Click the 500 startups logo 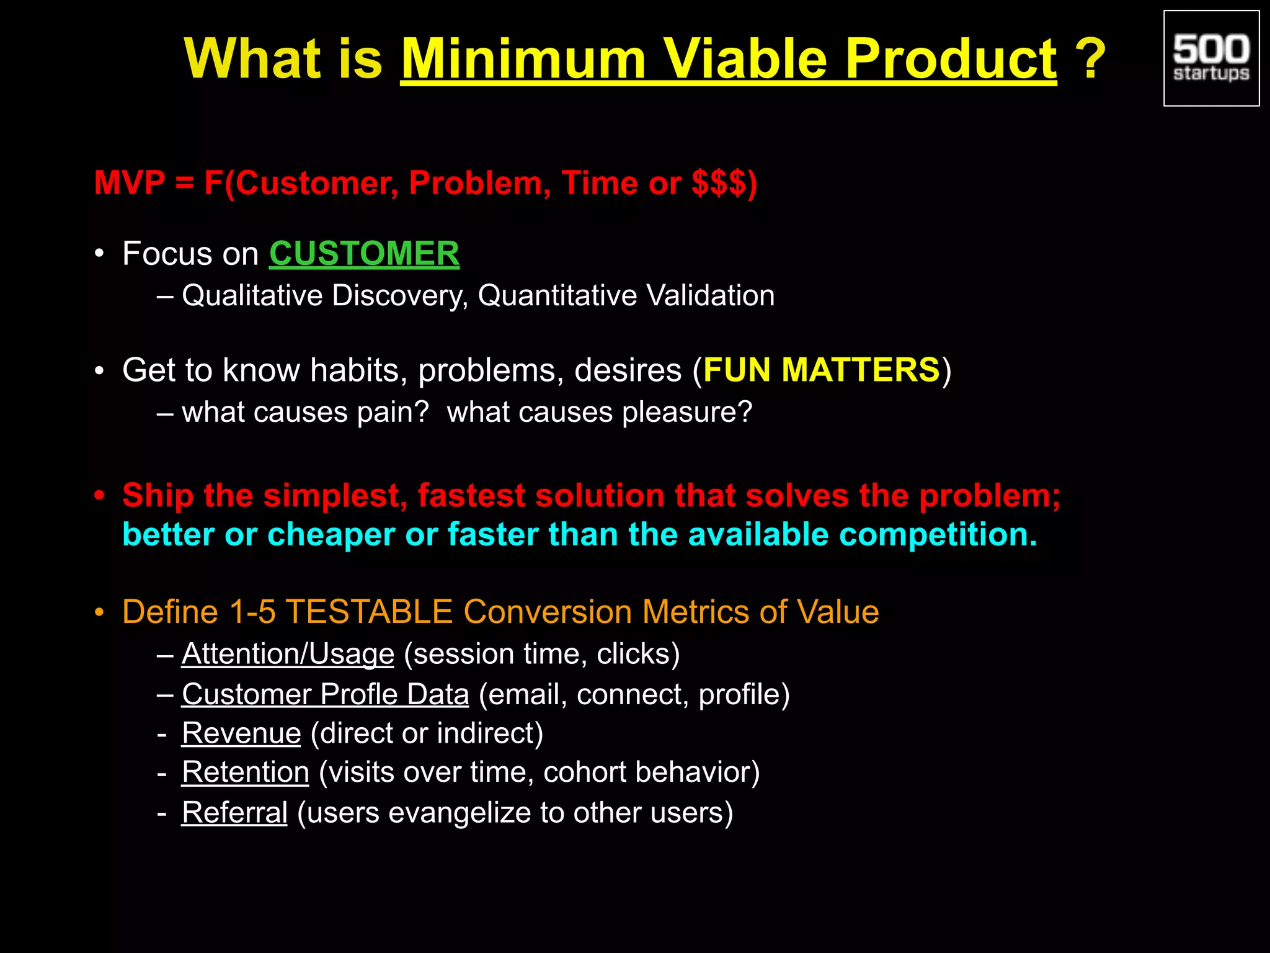tap(1210, 58)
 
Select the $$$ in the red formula tap(719, 183)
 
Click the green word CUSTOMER tap(364, 254)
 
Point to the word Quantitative tap(556, 295)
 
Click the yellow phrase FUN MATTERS tap(822, 370)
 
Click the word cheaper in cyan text tap(331, 534)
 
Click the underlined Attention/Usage tap(288, 654)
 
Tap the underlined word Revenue tap(241, 733)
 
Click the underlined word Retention tap(245, 772)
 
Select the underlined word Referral tap(234, 813)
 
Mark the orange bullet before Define tap(99, 613)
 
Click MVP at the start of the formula tap(129, 183)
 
